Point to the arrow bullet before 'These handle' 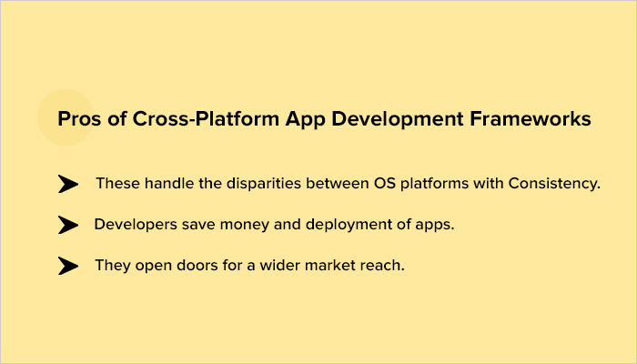pyautogui.click(x=68, y=184)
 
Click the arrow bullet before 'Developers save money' pyautogui.click(x=68, y=225)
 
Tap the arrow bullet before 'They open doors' pyautogui.click(x=68, y=266)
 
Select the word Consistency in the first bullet pyautogui.click(x=557, y=184)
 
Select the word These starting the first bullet pyautogui.click(x=116, y=184)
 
